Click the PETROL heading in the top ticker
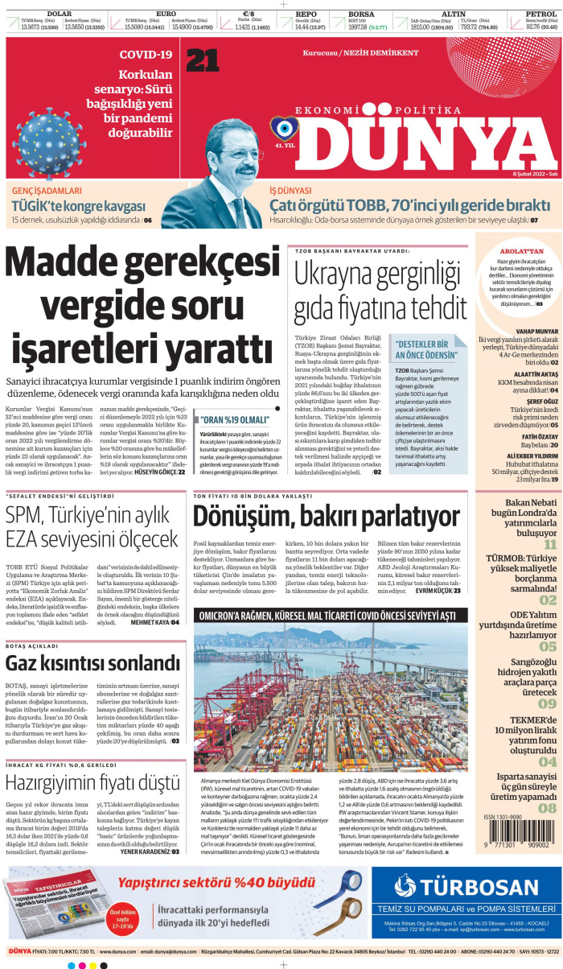(x=541, y=14)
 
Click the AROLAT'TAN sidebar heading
(x=519, y=251)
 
